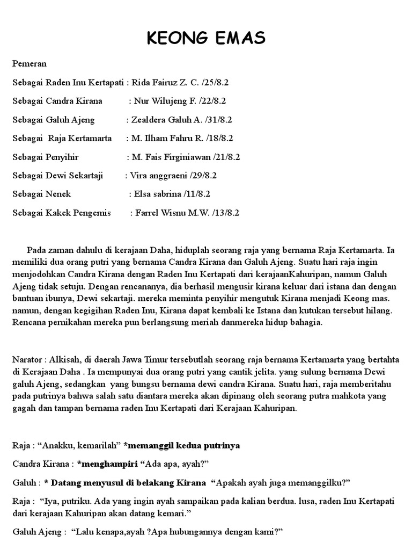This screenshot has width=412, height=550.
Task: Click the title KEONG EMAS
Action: click(206, 39)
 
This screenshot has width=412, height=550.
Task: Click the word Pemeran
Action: click(30, 64)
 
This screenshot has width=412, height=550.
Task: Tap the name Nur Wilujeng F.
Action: click(161, 101)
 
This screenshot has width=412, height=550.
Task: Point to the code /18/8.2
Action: click(219, 138)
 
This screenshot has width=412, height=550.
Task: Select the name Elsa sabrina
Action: click(156, 194)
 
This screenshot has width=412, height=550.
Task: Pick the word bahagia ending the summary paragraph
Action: click(305, 322)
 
